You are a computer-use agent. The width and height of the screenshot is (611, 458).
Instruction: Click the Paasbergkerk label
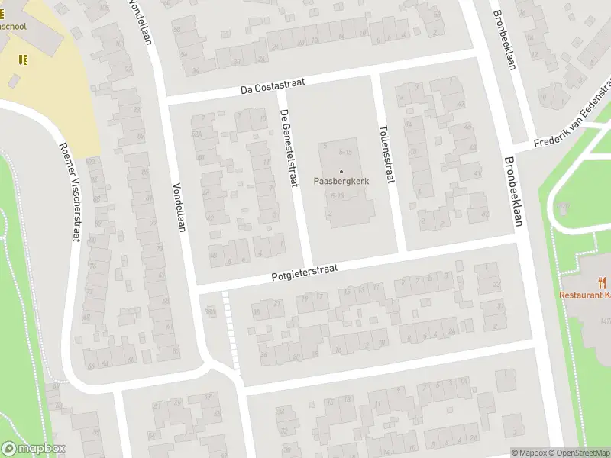pos(341,181)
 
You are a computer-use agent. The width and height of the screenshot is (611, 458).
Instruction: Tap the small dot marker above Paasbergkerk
pos(341,170)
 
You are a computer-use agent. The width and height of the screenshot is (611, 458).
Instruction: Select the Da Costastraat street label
pos(267,88)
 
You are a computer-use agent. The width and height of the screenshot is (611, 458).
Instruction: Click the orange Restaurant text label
pos(585,295)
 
